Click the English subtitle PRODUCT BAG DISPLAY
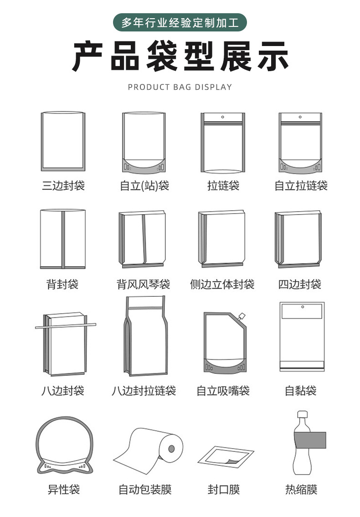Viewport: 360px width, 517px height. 180,87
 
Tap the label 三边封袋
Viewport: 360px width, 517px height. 63,186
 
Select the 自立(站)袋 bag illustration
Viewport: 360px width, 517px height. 144,143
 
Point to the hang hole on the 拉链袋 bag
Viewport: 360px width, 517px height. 223,117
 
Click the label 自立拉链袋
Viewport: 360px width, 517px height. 301,186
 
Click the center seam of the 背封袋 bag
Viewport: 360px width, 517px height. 63,239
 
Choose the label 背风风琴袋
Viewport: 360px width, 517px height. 144,284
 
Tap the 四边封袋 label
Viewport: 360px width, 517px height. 300,284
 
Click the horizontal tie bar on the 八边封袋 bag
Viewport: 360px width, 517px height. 66,326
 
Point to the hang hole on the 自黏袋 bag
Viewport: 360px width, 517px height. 302,307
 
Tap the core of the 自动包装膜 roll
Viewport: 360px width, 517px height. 172,449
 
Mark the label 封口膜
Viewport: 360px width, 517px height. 223,490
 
